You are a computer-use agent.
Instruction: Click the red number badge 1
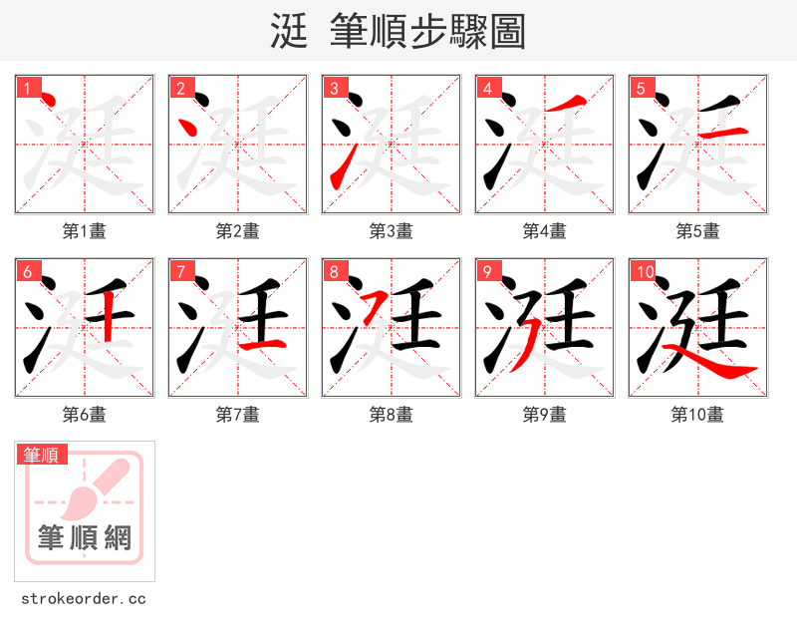[27, 89]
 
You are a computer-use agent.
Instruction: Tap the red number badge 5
[641, 89]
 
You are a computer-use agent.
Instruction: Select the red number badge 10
[644, 272]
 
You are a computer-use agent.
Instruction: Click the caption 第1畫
[85, 231]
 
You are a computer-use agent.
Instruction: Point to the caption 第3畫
[392, 231]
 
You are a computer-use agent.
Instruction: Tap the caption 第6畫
[85, 415]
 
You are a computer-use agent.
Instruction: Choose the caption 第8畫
[392, 415]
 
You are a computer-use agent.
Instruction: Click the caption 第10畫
[697, 415]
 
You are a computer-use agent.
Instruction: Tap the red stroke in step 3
[339, 167]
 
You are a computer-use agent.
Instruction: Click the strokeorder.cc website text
[84, 599]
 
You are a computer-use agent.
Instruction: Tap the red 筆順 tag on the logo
[42, 455]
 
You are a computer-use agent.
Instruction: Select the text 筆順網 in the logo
[85, 538]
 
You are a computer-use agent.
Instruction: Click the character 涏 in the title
[288, 31]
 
